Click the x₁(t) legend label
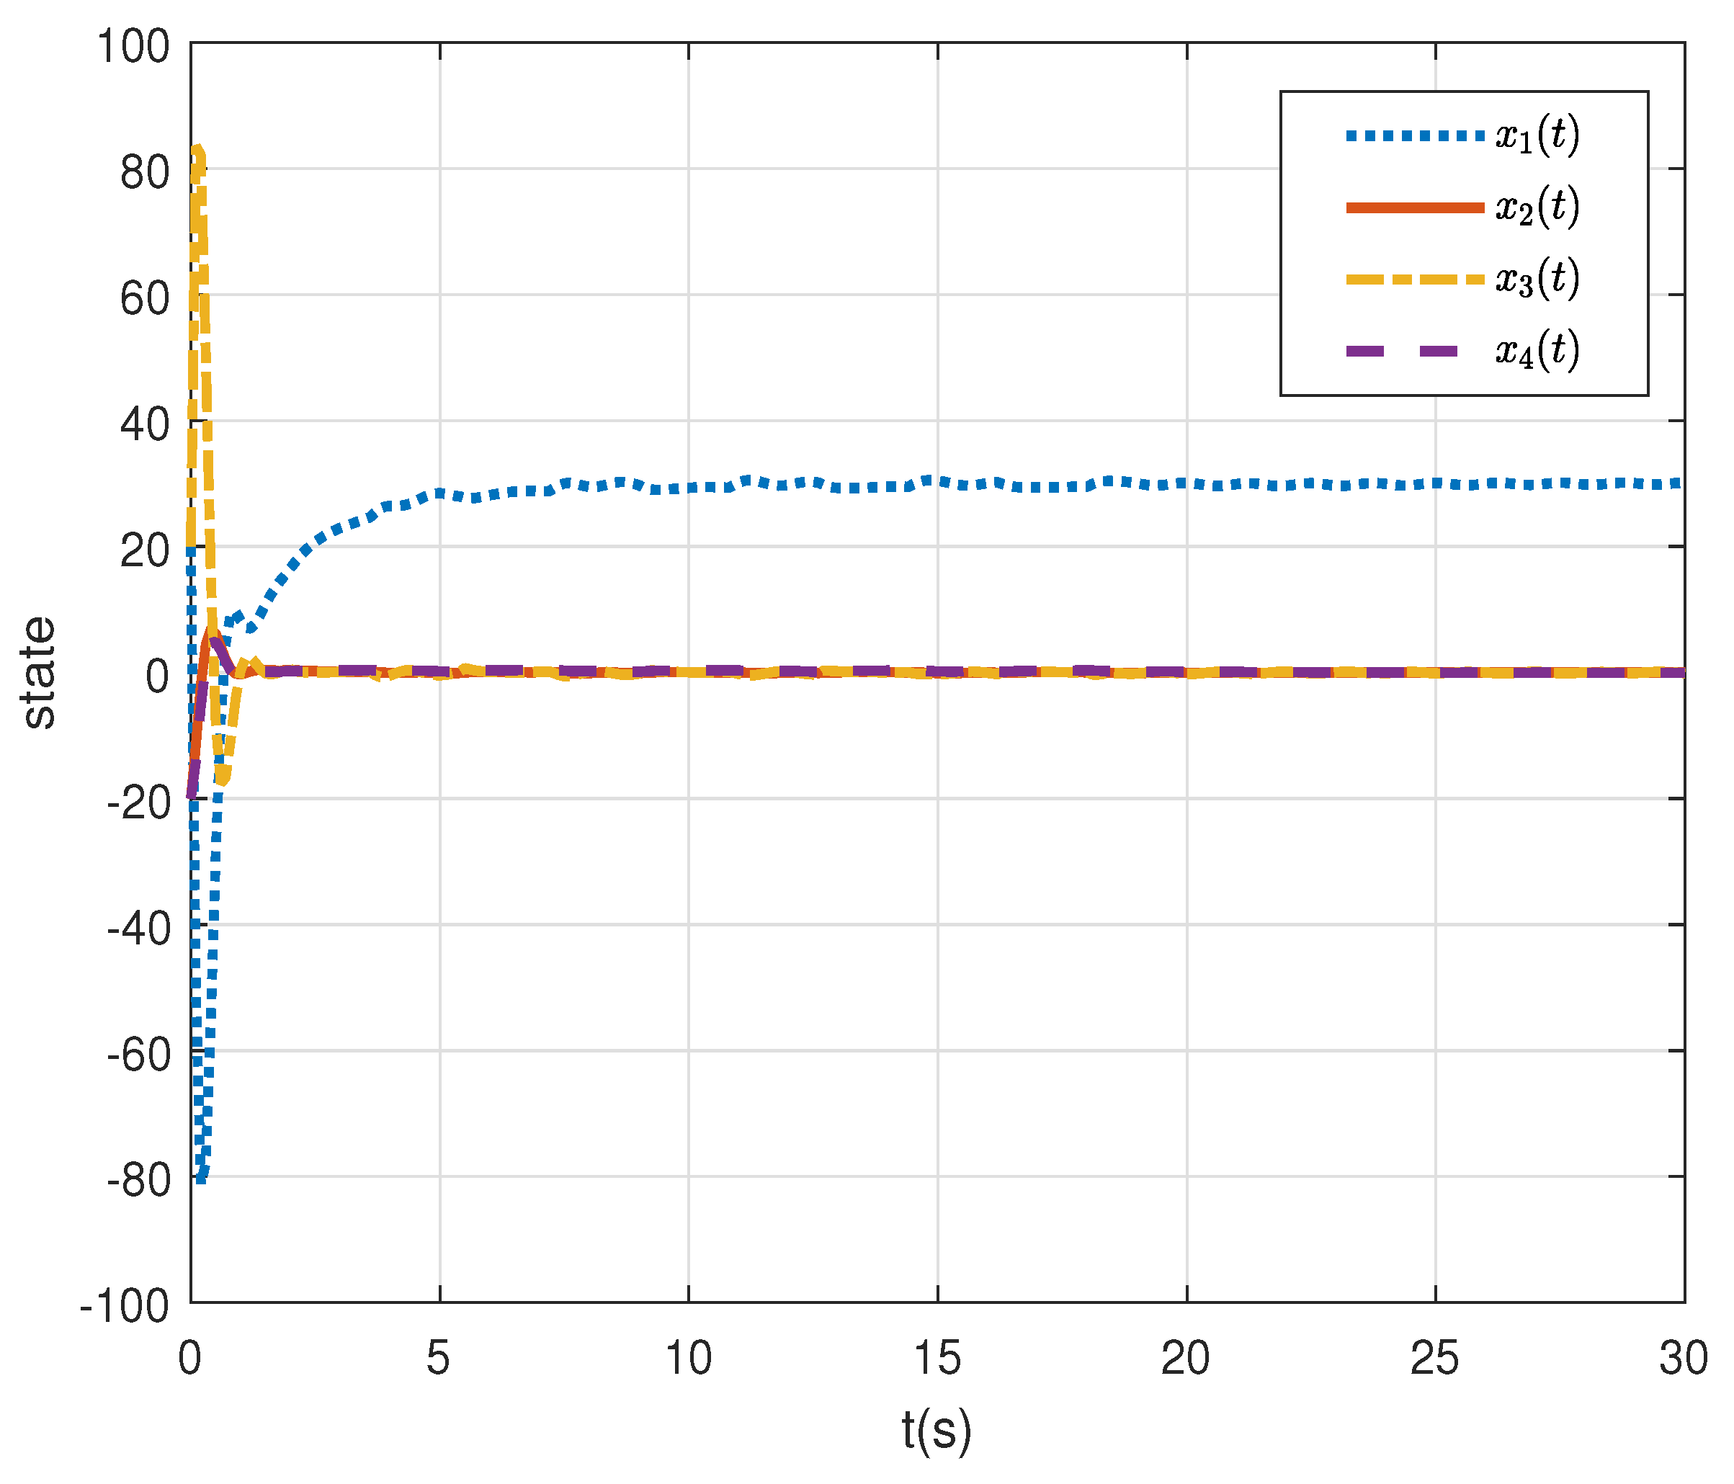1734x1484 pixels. pos(1537,135)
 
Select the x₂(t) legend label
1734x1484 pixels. pos(1537,207)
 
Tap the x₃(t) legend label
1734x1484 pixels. pos(1537,279)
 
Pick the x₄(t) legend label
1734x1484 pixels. pos(1537,351)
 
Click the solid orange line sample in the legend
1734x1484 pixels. pos(1414,207)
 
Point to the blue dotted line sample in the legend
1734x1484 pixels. pos(1414,135)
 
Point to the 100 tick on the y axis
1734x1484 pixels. pos(134,46)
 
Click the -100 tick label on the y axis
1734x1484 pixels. pos(125,1307)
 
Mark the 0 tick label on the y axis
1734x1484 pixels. pos(157,676)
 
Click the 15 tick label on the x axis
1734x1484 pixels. pos(937,1358)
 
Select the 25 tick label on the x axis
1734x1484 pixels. pos(1434,1358)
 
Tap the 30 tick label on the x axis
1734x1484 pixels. pos(1684,1358)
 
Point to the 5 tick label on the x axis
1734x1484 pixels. pos(439,1358)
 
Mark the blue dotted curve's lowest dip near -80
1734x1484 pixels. pos(201,1179)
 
